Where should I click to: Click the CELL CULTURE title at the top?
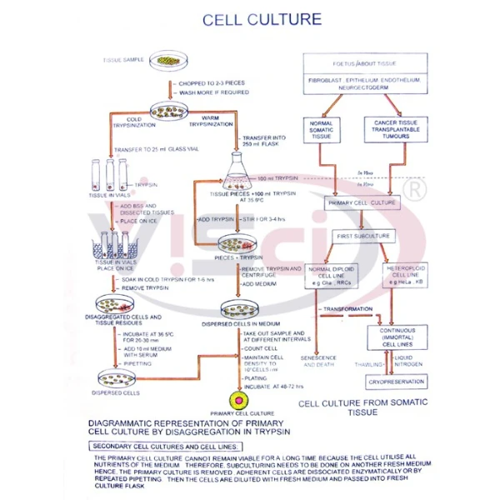(x=250, y=18)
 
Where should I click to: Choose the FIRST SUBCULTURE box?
(x=361, y=236)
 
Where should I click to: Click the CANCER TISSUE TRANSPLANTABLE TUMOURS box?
(x=394, y=130)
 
